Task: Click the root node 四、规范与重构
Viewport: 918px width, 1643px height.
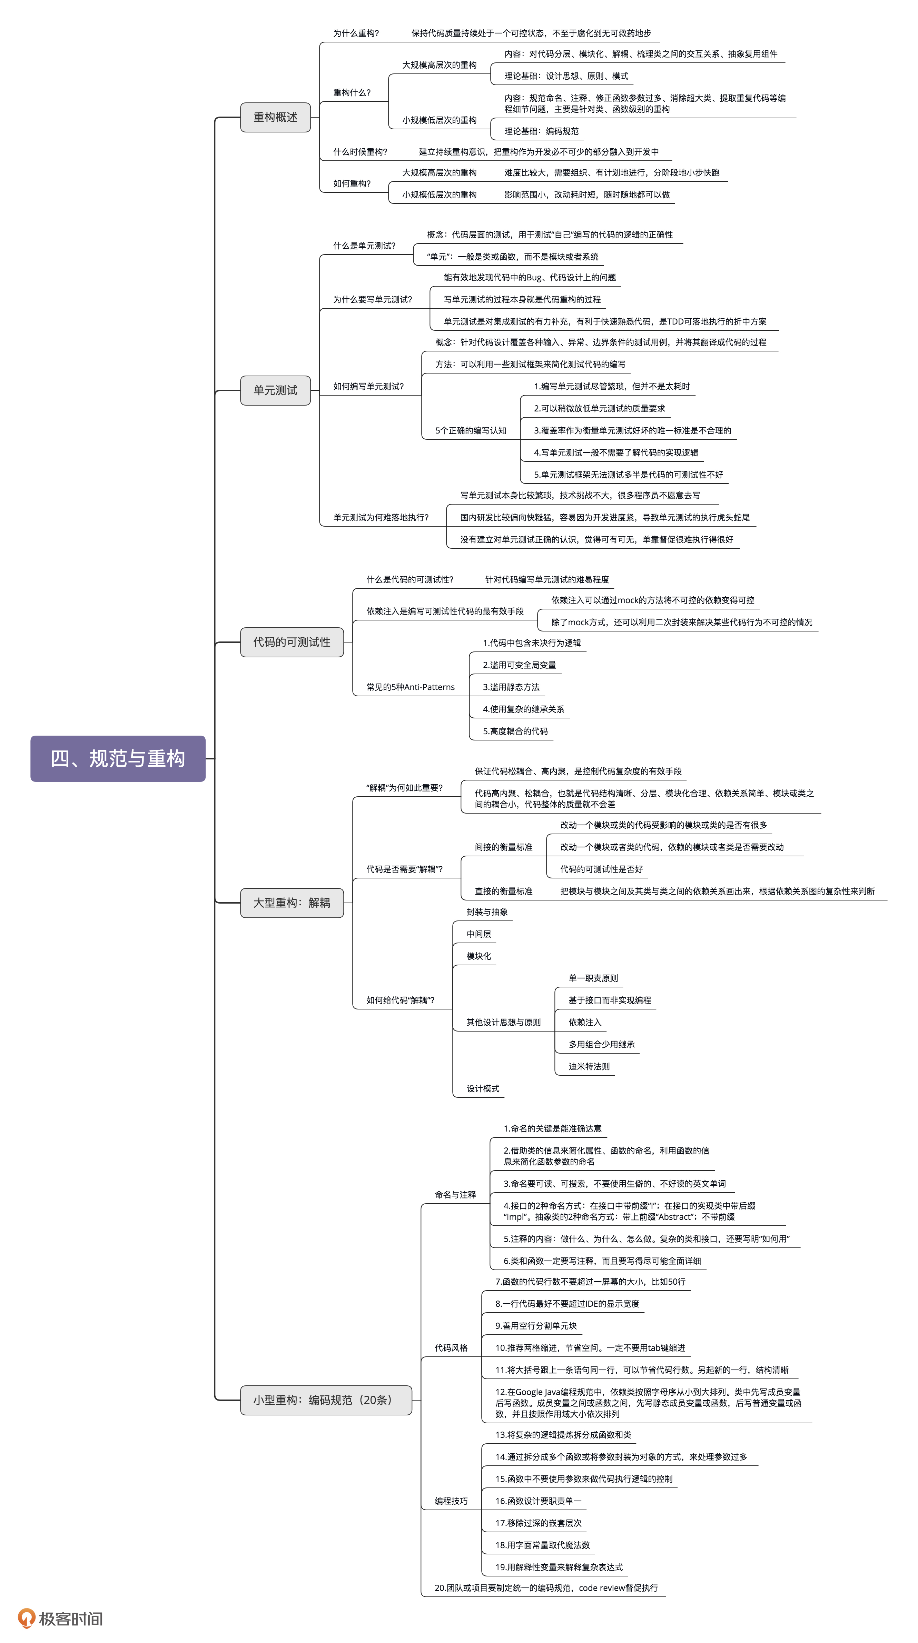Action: coord(118,758)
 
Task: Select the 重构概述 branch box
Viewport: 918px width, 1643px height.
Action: coord(275,117)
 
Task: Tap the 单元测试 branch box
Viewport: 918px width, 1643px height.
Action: coord(275,390)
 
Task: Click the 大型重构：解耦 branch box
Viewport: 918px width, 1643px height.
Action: coord(292,903)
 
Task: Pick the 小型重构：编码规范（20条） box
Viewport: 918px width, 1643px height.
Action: coord(325,1400)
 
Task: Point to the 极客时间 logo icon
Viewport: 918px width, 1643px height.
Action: coord(26,1618)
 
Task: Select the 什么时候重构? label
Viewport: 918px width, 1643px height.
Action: coord(360,152)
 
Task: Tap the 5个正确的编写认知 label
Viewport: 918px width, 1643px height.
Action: coord(470,430)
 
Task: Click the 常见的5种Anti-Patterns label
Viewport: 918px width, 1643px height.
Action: coord(410,687)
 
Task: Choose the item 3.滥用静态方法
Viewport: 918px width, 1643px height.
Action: coord(511,687)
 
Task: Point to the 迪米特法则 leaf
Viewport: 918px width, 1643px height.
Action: coord(589,1066)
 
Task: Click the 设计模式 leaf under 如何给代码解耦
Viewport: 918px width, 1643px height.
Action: coord(482,1089)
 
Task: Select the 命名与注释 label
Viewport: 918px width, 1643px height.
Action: coord(455,1195)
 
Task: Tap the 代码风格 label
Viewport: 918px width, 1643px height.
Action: coord(451,1348)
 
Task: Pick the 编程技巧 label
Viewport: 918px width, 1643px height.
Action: coord(451,1501)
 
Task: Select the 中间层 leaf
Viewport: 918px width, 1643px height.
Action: coord(478,934)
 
